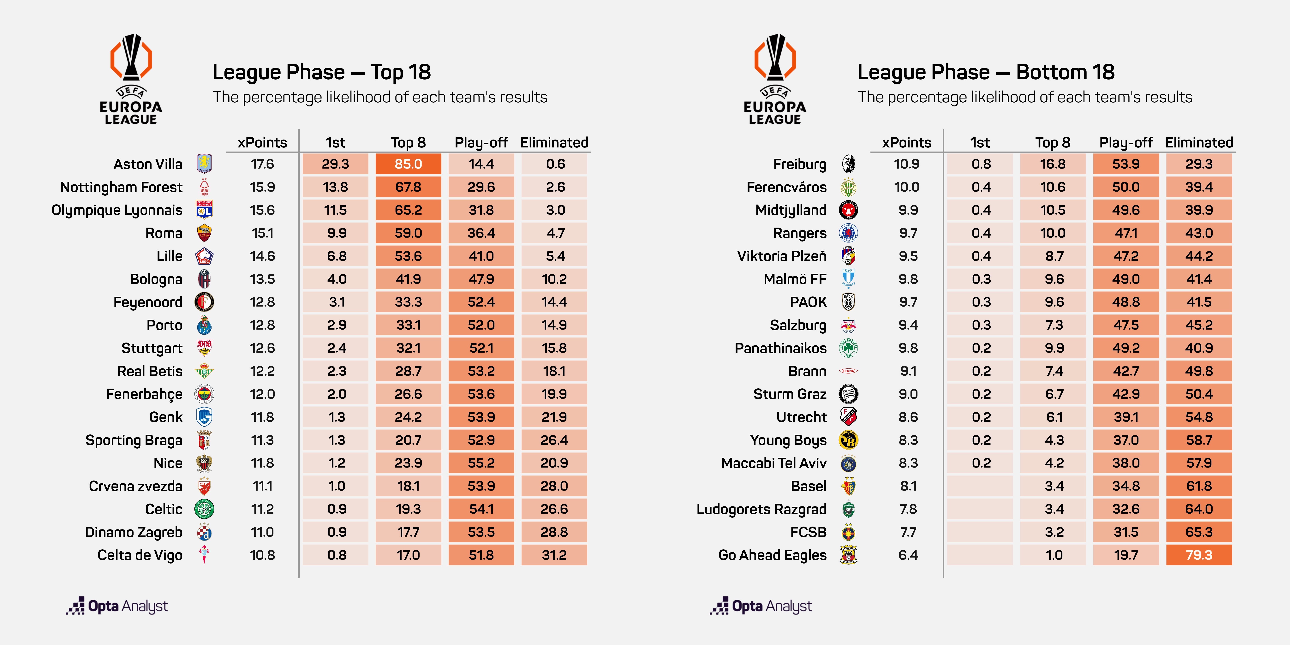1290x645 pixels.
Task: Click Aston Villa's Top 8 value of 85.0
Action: coord(408,164)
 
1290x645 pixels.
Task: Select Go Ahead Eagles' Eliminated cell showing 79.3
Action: coord(1199,555)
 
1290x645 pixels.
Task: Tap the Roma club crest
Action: coord(204,233)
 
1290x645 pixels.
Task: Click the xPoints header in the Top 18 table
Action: coord(262,143)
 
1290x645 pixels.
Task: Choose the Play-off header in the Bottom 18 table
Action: coord(1126,143)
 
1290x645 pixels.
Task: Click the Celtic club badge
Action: coord(204,509)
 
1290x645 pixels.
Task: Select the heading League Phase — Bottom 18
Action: coord(986,72)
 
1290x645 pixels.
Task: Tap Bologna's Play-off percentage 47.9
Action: coord(481,279)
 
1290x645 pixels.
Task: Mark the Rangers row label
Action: coord(800,233)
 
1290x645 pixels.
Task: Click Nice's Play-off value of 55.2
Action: coord(481,463)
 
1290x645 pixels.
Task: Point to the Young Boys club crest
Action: coord(848,440)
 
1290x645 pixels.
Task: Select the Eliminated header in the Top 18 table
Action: coord(554,143)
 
